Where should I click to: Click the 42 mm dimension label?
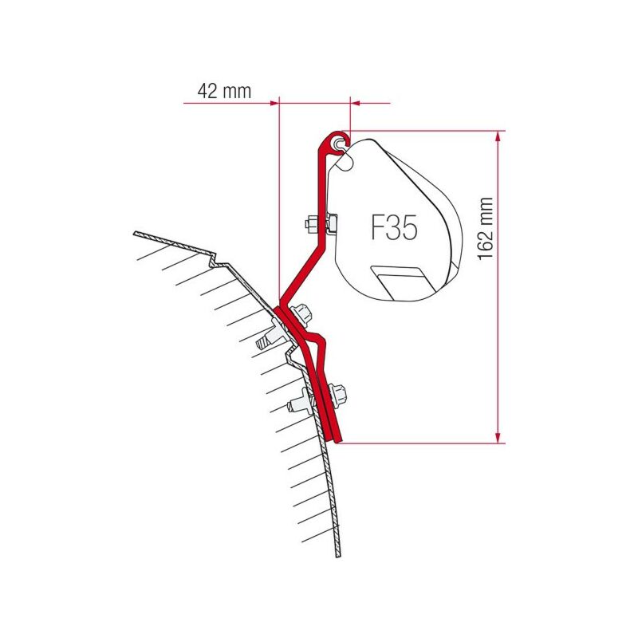click(x=224, y=91)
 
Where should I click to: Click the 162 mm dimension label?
click(x=485, y=229)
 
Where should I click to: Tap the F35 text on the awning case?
click(x=394, y=227)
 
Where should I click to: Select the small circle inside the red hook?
click(x=338, y=143)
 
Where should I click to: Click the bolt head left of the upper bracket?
click(x=311, y=224)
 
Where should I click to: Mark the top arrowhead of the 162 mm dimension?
click(x=497, y=136)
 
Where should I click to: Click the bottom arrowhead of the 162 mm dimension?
click(x=497, y=437)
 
